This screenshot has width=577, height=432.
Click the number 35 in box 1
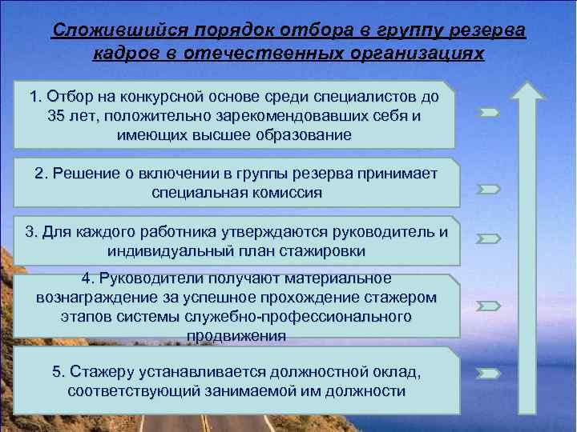(57, 116)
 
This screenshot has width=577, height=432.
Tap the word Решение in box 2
(83, 174)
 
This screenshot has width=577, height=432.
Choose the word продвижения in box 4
(236, 335)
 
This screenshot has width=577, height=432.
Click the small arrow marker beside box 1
(489, 113)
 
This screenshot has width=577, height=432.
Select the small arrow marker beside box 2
(489, 190)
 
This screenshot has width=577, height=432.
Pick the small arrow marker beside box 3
(489, 238)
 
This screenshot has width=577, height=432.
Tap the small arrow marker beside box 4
(489, 306)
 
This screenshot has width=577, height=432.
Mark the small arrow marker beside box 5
(489, 373)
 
